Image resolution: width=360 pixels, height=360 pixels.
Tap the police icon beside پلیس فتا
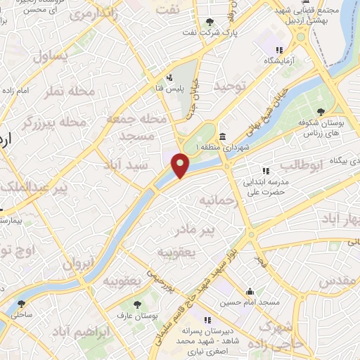click(x=169, y=78)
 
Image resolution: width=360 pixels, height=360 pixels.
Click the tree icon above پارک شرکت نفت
click(x=211, y=23)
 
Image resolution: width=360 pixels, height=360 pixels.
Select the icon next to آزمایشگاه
click(x=279, y=50)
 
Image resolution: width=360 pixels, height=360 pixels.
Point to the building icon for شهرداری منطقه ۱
click(x=222, y=136)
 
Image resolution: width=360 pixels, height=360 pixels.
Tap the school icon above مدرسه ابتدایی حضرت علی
click(x=266, y=171)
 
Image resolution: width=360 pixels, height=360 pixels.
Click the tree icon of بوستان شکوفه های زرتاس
click(x=321, y=112)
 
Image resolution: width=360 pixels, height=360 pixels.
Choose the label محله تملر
click(x=69, y=92)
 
